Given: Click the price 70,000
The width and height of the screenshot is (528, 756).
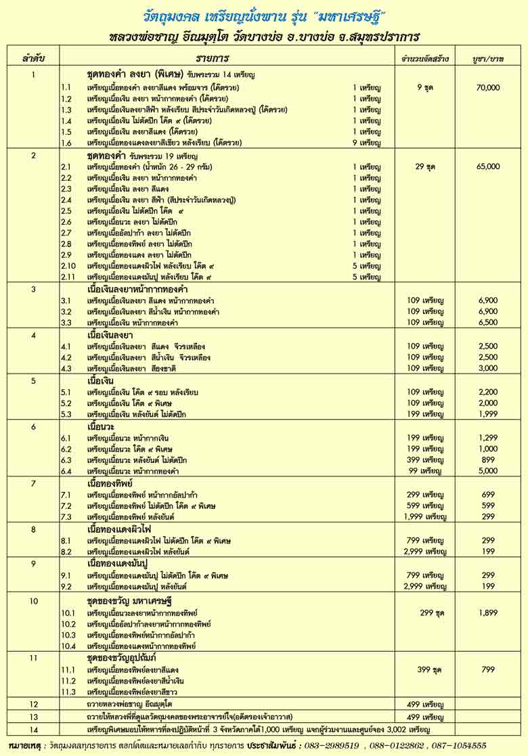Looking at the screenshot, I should (487, 87).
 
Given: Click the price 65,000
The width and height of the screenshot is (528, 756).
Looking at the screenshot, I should (487, 166).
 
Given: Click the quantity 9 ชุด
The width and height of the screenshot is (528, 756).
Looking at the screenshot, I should (425, 87).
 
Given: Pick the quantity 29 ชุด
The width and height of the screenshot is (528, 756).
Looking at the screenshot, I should (425, 166).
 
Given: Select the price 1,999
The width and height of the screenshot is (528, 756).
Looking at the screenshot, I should (488, 414).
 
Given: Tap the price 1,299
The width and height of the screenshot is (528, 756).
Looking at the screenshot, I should (488, 438).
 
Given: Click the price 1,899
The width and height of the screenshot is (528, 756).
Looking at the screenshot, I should (488, 613).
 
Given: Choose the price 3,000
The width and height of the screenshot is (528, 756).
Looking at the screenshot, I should (488, 368).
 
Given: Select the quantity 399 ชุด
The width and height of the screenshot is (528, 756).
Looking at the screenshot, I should (425, 669).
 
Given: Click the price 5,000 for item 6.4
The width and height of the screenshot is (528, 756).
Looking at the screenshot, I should (488, 470).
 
